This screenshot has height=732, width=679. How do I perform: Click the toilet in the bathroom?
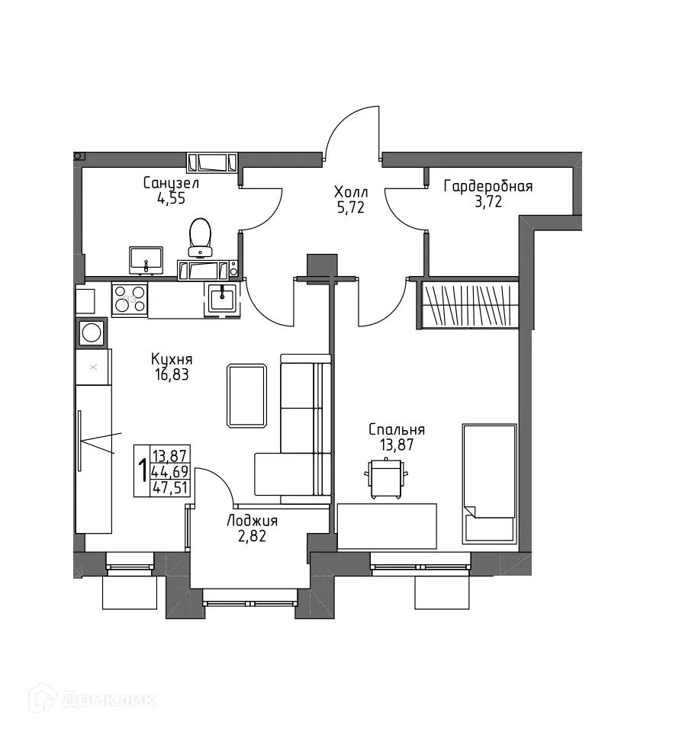click(x=201, y=236)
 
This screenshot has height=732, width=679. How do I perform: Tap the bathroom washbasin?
click(x=146, y=259)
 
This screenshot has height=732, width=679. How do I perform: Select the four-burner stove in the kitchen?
click(x=130, y=300)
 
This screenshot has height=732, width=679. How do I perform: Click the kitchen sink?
click(x=222, y=297)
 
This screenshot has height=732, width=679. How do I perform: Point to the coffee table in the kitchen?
click(x=246, y=395)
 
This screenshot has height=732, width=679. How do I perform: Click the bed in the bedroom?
click(x=489, y=483)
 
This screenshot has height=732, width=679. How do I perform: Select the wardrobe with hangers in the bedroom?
click(x=468, y=305)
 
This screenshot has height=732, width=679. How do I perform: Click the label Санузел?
click(x=171, y=183)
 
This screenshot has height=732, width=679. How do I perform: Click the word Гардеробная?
click(x=488, y=186)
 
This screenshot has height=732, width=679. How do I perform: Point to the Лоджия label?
click(x=252, y=521)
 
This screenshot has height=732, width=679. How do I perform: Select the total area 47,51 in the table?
click(x=171, y=488)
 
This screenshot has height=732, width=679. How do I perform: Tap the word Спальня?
click(x=396, y=430)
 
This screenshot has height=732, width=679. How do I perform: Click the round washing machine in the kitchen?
click(x=92, y=332)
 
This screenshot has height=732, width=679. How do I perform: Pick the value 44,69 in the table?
click(x=171, y=472)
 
